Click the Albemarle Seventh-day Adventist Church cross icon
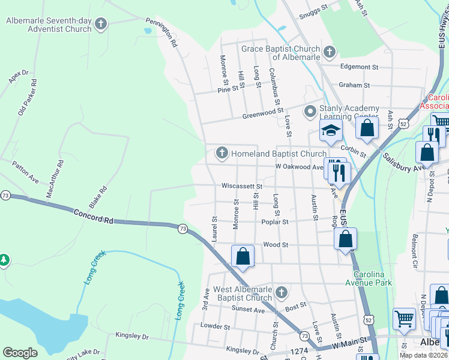tap(101, 25)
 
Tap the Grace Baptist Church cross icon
tap(330, 52)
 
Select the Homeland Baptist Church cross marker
tap(222, 154)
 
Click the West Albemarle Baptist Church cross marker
tap(282, 293)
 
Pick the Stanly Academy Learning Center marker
tap(310, 112)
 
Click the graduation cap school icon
tap(331, 131)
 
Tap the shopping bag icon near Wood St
tap(243, 256)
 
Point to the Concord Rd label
tap(94, 217)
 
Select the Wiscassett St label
tap(242, 187)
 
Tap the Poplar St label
tap(275, 221)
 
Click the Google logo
tap(20, 353)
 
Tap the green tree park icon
tap(4, 260)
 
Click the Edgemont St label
tap(359, 67)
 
